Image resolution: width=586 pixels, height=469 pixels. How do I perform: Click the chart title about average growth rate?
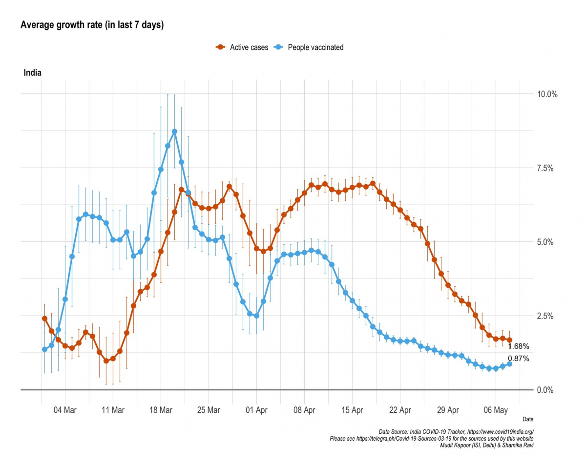pos(92,25)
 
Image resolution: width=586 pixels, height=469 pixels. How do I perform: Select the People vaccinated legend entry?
pos(310,47)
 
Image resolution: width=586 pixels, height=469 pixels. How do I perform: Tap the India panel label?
pos(32,73)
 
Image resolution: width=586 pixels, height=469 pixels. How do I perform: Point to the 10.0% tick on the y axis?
pos(547,94)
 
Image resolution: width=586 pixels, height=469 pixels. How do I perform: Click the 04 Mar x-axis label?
pos(65,410)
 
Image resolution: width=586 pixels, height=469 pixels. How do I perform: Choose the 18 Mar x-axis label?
pos(161,410)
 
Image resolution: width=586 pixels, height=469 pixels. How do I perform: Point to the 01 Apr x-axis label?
pos(256,410)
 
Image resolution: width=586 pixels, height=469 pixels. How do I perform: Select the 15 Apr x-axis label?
pos(352,410)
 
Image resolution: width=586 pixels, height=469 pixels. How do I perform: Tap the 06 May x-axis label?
pos(496,410)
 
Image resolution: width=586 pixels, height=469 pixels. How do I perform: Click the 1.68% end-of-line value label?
pos(518,346)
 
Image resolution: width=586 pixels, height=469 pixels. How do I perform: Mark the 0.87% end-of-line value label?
pos(518,359)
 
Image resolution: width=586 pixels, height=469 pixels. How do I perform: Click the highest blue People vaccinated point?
pos(174,131)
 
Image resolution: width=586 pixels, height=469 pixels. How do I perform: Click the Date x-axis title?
pos(528,419)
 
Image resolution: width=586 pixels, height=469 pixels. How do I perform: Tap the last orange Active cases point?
pos(509,340)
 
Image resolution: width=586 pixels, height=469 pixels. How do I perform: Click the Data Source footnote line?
pos(456,432)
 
